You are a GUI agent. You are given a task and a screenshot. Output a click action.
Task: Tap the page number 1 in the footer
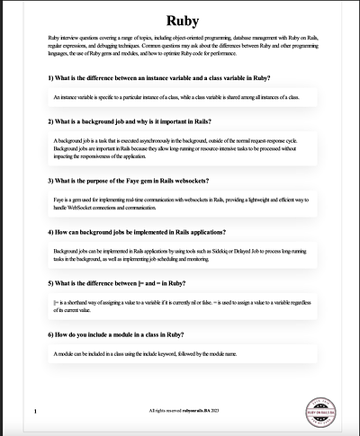(x=34, y=412)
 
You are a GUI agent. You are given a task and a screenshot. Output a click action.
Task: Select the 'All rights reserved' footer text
(x=183, y=410)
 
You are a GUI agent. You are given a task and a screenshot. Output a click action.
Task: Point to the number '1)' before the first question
(x=50, y=78)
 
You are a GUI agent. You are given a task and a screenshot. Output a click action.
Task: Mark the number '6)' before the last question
(x=50, y=334)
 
